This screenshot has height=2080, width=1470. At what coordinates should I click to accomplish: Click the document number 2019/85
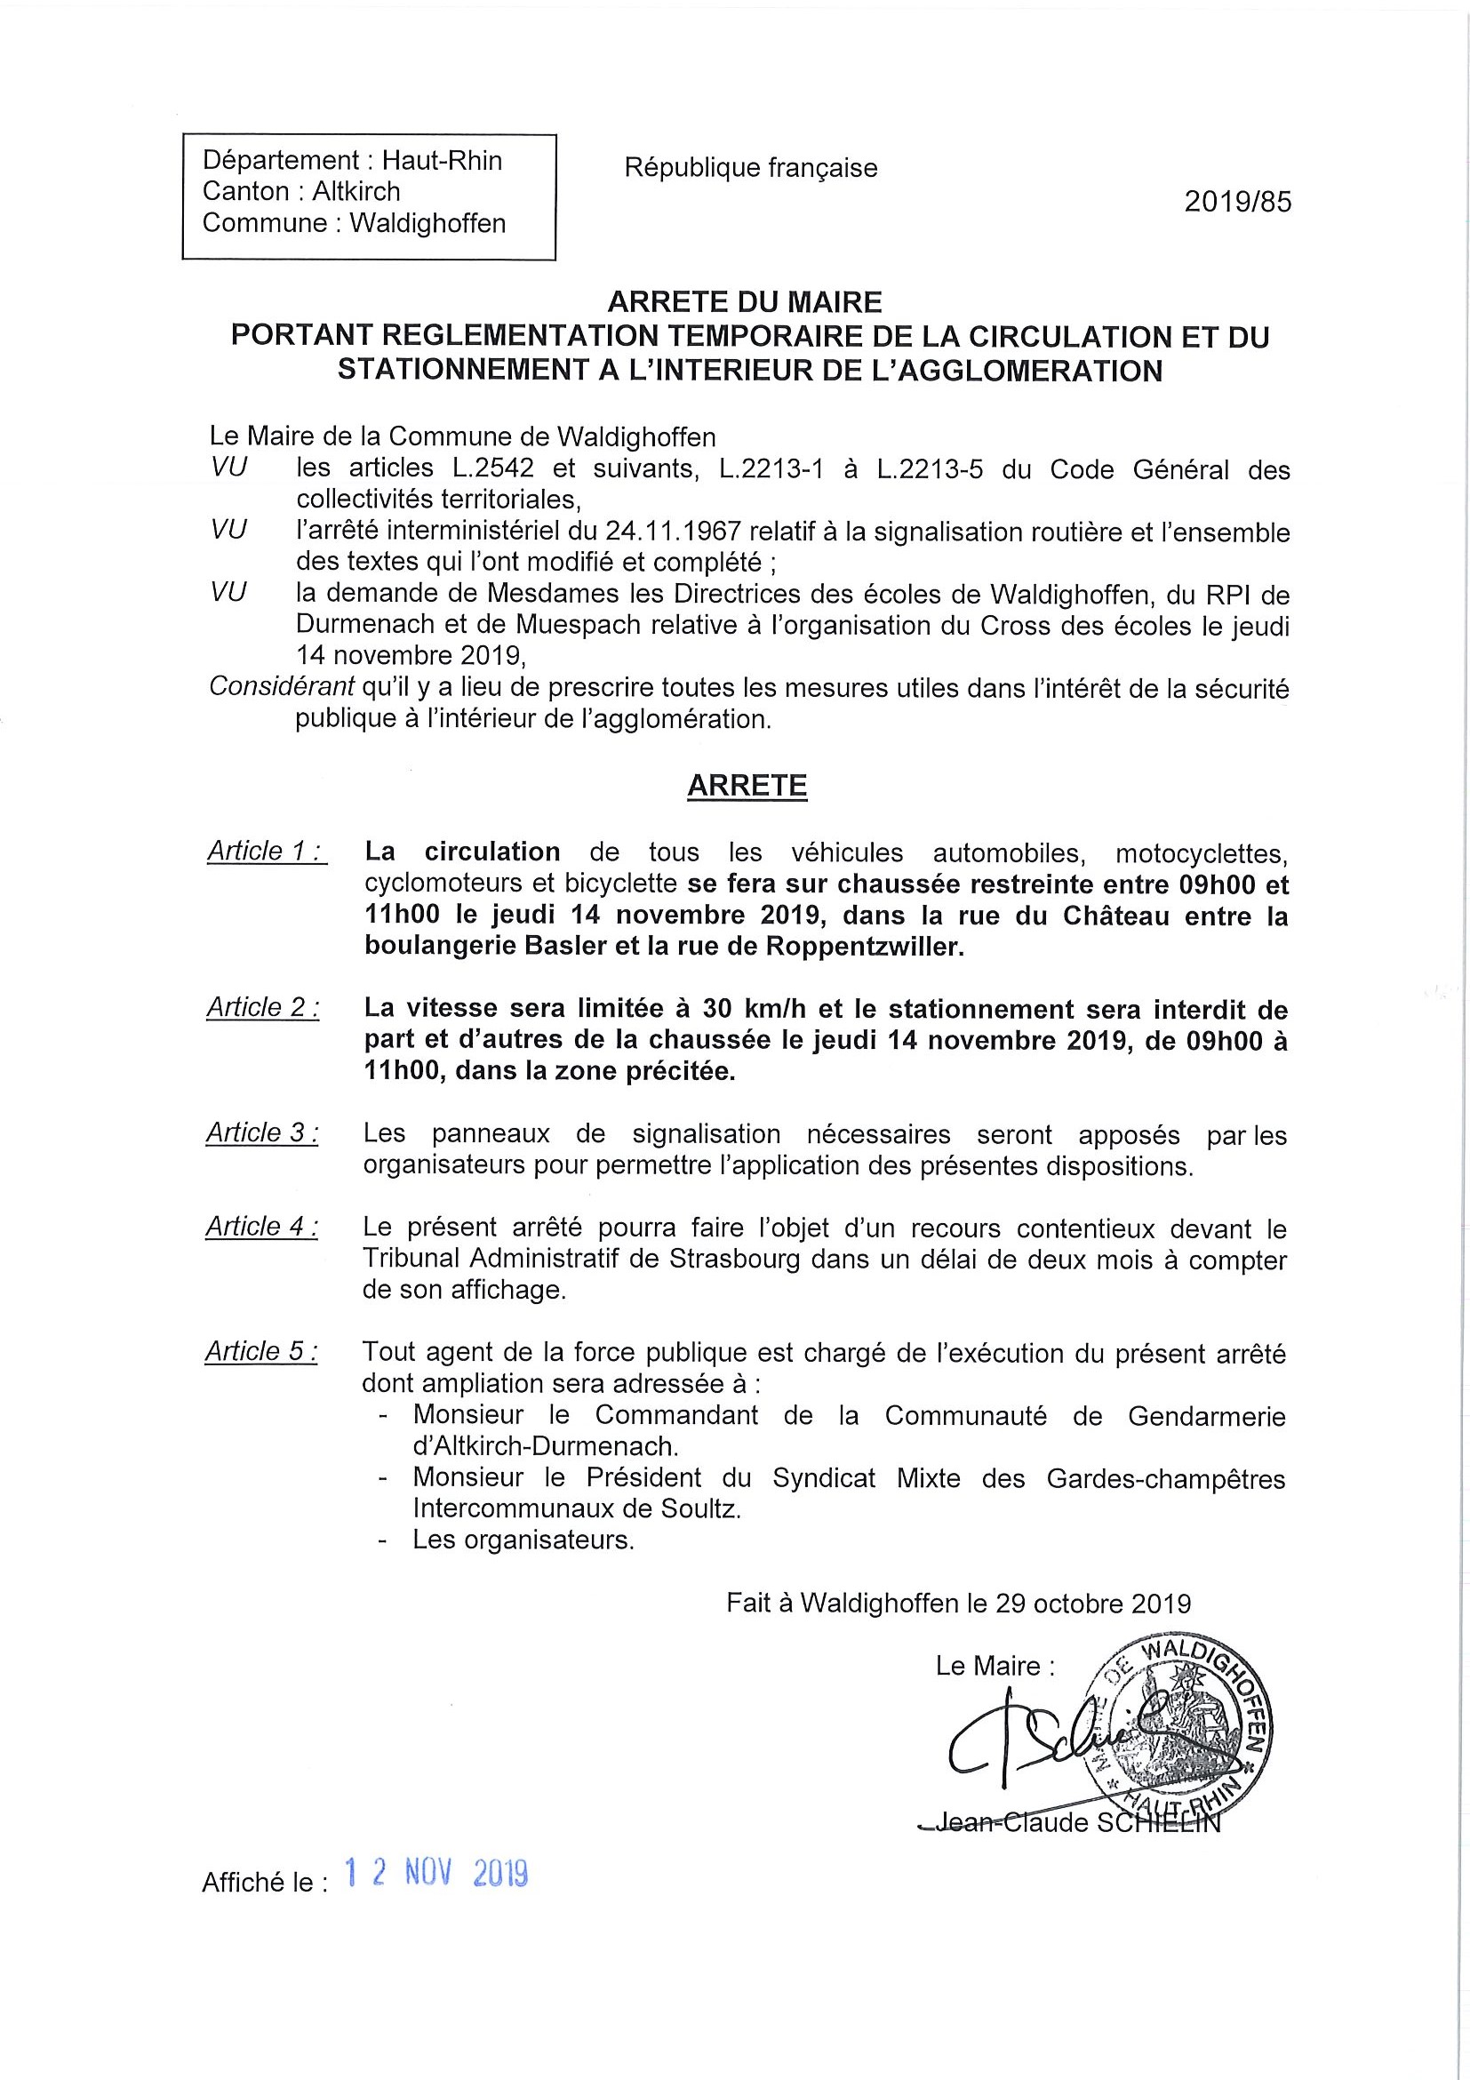tap(1237, 202)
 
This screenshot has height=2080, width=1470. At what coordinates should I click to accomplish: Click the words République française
tap(751, 169)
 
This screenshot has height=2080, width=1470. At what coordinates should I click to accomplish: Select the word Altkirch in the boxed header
tap(356, 192)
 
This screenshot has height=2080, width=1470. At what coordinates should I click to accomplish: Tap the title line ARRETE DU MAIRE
tap(745, 301)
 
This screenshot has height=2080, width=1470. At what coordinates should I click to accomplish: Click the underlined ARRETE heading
tap(747, 786)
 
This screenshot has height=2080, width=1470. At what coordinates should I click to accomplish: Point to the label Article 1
tap(267, 852)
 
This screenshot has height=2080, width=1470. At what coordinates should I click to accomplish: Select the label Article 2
tap(263, 1007)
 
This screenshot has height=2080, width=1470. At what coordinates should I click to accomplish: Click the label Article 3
tap(262, 1132)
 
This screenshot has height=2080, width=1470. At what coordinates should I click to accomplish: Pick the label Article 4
tap(262, 1227)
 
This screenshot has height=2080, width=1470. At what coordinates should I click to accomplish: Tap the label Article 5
tap(261, 1352)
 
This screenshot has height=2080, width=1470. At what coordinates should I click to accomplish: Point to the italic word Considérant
tap(282, 688)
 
